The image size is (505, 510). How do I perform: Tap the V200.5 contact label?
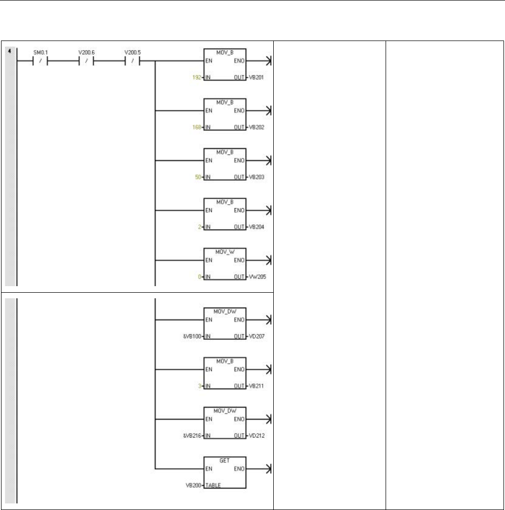[x=132, y=52]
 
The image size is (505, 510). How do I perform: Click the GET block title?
[x=225, y=457]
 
